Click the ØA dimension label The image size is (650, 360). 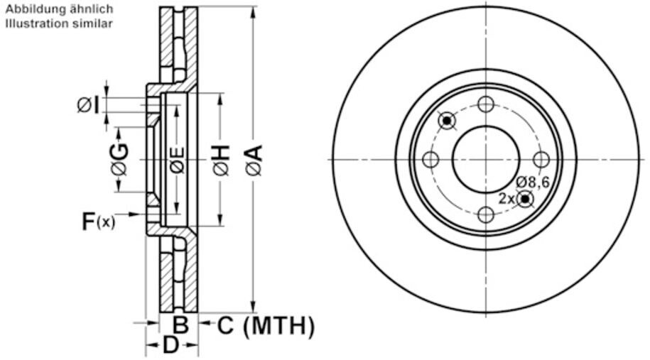(254, 160)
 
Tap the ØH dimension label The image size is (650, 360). (221, 160)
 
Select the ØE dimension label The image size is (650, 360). (178, 160)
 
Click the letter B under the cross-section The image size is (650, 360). (181, 326)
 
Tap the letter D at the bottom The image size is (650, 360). (171, 347)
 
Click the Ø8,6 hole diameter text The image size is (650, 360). (533, 182)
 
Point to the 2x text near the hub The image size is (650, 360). (506, 199)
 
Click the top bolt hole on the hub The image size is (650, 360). (486, 104)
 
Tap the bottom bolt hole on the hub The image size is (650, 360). (486, 214)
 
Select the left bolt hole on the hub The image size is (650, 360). (430, 160)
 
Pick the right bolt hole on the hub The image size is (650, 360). (541, 160)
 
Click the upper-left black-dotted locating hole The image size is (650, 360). (447, 121)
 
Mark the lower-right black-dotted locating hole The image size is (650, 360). (524, 199)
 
